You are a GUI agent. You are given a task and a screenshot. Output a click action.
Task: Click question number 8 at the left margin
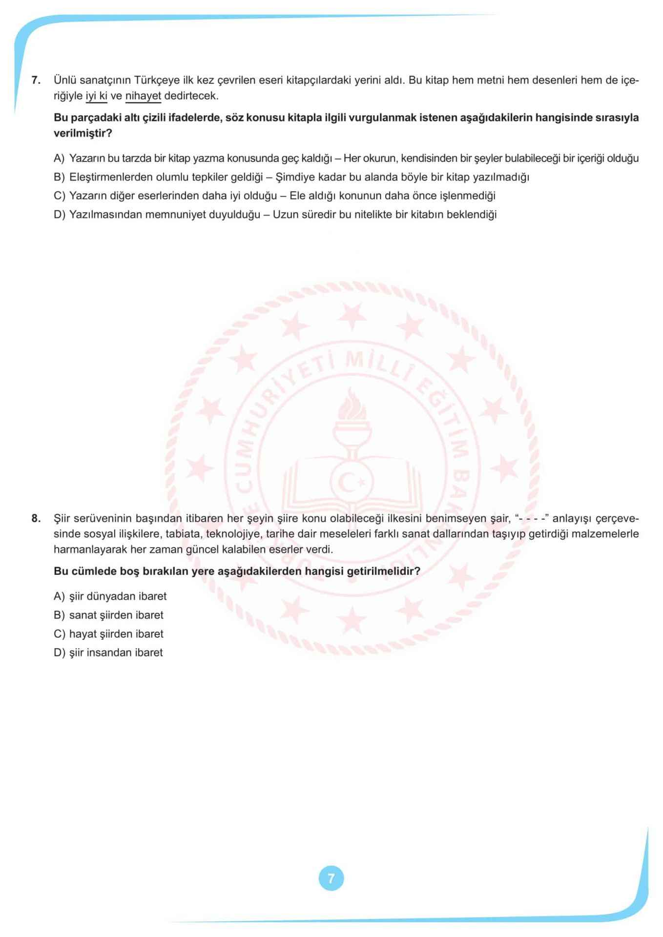click(36, 518)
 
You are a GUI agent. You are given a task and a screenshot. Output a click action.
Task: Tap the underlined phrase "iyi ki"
click(96, 96)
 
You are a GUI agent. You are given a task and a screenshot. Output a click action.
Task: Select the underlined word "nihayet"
click(143, 96)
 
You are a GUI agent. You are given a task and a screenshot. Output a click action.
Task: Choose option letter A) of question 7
click(59, 158)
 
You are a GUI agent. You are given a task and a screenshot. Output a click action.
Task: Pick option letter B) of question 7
click(59, 177)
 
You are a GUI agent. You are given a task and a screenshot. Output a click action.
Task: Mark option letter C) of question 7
click(59, 196)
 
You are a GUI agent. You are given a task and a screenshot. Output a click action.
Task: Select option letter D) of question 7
click(59, 215)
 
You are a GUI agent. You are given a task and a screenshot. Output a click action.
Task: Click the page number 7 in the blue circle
click(331, 878)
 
